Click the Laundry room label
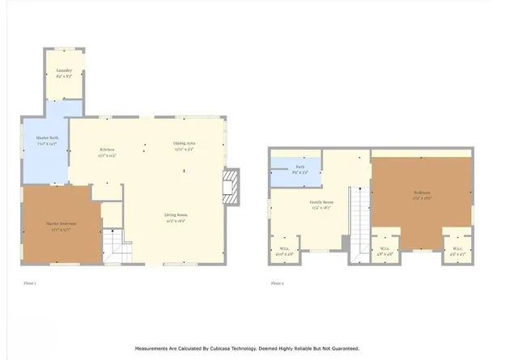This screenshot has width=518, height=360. pos(65,71)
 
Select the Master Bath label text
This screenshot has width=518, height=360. pos(47,138)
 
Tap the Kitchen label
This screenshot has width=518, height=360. pos(107,150)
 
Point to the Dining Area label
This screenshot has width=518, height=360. pos(185,143)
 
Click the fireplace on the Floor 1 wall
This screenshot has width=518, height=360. pos(231,184)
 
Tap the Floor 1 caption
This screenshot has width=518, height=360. pos(29,283)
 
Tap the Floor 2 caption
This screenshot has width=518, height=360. pos(278,283)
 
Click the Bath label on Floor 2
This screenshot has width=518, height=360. pos(299,167)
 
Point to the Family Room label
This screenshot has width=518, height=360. pos(321,202)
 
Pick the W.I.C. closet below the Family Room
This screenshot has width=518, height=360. pos(285,249)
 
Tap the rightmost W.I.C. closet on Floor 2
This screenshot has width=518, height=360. pos(457,249)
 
